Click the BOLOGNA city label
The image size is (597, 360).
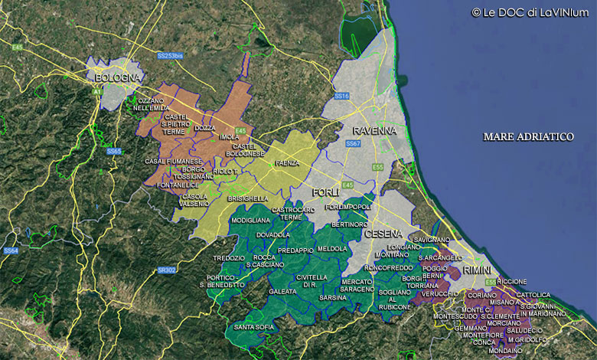point(118,78)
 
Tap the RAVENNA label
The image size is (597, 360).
point(374,130)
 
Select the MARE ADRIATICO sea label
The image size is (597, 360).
point(528,136)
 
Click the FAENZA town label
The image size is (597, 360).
point(288,163)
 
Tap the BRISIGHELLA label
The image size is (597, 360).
point(247,198)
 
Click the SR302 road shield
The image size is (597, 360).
point(166,270)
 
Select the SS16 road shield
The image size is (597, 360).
point(342,96)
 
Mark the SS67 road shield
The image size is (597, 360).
point(353,144)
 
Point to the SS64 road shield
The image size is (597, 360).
point(10,250)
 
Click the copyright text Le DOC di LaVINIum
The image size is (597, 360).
point(530,12)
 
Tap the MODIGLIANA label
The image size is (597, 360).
point(250,220)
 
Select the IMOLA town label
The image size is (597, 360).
point(229,137)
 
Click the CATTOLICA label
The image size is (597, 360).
point(533,295)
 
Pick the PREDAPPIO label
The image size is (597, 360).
point(295,250)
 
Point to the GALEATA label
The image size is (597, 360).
point(282,292)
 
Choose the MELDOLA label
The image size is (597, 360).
point(333,249)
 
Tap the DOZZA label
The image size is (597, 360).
point(204,128)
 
